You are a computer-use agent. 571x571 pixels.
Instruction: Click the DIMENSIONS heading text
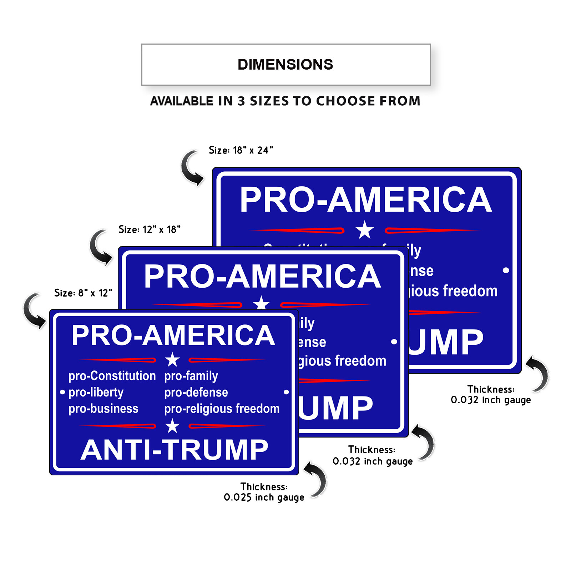285,65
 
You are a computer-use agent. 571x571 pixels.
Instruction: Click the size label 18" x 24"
241,150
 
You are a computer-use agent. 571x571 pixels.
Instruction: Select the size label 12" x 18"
150,229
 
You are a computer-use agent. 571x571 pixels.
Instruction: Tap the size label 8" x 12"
83,293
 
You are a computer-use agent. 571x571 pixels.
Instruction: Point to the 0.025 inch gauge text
264,497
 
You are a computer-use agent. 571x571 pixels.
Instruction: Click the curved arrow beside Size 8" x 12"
34,310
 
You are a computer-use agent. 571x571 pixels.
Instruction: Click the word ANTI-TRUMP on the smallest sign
174,450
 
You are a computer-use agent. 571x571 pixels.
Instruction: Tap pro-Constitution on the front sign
112,376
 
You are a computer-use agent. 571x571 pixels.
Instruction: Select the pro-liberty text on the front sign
96,392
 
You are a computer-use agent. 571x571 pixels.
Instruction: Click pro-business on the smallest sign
103,409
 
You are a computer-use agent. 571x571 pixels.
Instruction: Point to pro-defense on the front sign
196,392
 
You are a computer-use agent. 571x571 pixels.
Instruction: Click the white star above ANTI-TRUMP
172,426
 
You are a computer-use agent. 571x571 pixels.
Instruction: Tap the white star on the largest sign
364,230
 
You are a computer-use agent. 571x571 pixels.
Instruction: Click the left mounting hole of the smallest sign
62,392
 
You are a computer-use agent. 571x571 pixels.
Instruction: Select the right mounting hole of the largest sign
506,270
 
